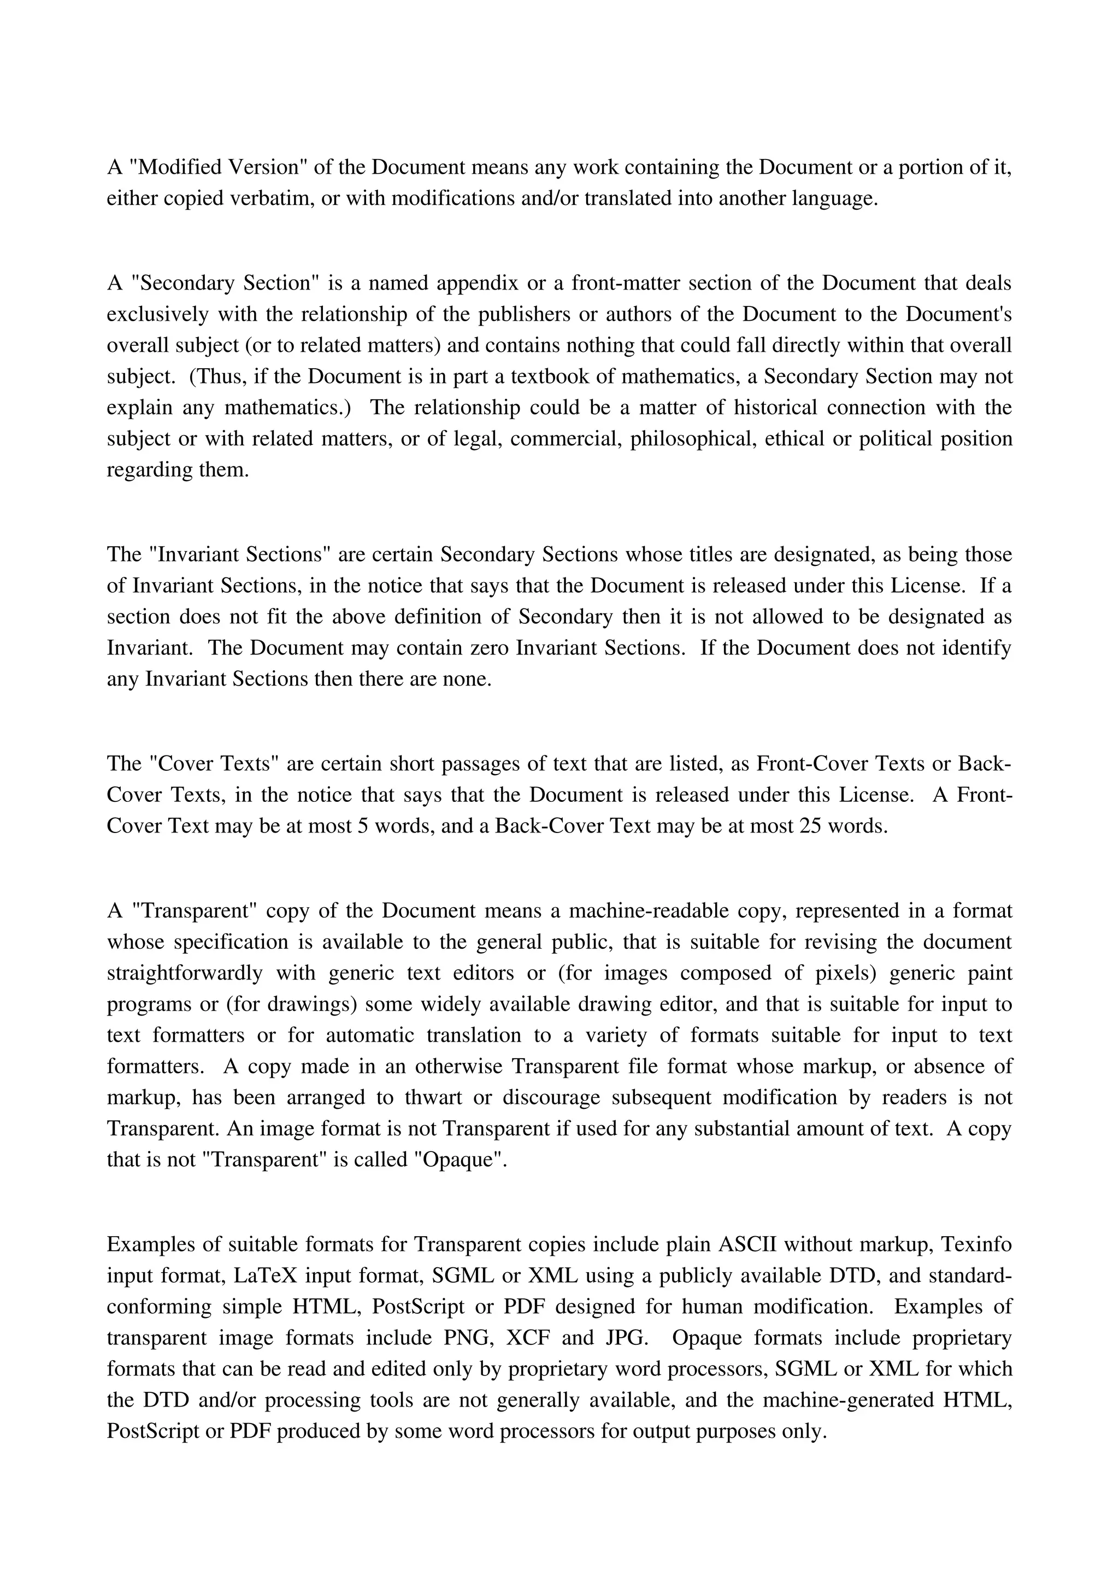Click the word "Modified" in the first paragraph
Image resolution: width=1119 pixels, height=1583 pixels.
click(x=176, y=167)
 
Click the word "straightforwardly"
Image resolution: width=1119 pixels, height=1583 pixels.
click(x=185, y=973)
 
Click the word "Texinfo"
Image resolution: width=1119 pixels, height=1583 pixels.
click(x=977, y=1244)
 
